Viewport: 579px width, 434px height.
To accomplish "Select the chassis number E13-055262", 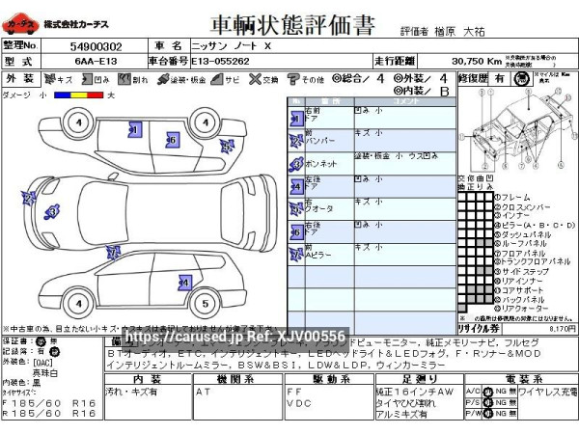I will click(221, 60).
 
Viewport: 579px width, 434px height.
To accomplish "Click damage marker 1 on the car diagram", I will click(135, 129).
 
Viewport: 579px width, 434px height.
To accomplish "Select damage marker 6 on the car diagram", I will click(171, 140).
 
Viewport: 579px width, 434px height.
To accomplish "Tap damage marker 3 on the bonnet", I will click(52, 210).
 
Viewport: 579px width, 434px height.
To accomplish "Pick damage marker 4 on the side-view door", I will click(183, 283).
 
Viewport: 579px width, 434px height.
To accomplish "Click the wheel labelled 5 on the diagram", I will click(205, 303).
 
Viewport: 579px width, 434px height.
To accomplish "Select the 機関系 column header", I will click(234, 379).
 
